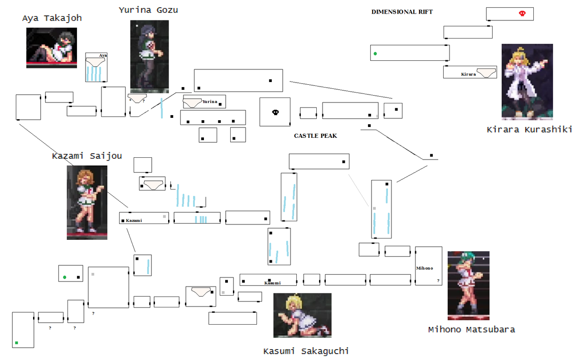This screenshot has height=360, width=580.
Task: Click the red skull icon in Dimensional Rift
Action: click(522, 14)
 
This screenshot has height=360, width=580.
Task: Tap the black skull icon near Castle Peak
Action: click(275, 112)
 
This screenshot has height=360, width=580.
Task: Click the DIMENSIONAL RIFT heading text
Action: click(402, 12)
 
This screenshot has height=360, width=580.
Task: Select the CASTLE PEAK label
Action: click(315, 136)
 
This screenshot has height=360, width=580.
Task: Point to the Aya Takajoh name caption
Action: click(52, 18)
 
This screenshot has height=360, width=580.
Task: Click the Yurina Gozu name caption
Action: click(148, 10)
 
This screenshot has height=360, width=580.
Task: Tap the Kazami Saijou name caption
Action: click(87, 156)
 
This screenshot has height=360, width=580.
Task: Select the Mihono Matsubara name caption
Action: click(471, 330)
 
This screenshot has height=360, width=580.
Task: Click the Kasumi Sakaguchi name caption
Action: click(306, 351)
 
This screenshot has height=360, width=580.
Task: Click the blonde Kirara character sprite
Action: click(527, 82)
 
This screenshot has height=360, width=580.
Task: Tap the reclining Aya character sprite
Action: click(52, 48)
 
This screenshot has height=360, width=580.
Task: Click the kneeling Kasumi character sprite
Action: click(302, 315)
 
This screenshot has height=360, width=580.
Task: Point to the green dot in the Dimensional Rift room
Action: click(375, 54)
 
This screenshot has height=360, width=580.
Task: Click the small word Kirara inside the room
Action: click(469, 74)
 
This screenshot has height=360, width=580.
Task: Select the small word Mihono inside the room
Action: click(425, 268)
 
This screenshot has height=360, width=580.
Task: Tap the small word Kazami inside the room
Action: click(134, 220)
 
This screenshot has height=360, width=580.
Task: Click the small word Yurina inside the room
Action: click(210, 102)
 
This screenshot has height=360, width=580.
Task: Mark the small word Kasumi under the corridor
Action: click(272, 283)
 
